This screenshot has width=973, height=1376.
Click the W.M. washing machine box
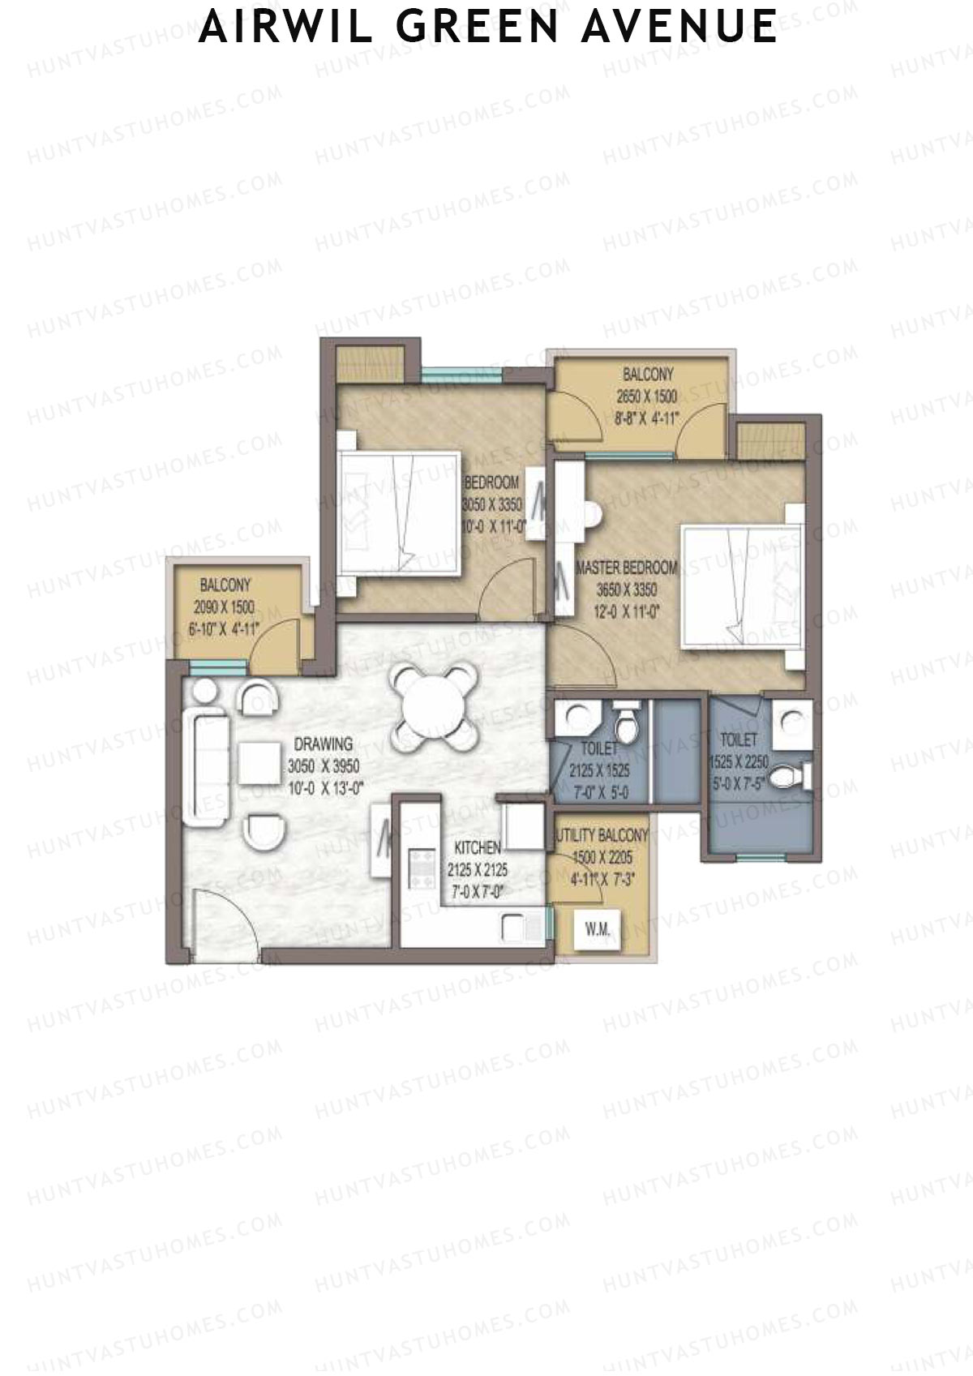597,929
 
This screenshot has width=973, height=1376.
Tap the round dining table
429,706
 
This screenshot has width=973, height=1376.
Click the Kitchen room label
477,848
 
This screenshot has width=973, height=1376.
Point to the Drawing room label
323,743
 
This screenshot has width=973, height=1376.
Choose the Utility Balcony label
601,835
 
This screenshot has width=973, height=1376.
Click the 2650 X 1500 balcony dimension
645,397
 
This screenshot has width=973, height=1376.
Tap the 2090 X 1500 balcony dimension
224,607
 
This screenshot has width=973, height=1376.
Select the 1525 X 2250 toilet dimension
739,763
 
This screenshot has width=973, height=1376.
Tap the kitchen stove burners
421,868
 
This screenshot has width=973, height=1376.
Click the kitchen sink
517,927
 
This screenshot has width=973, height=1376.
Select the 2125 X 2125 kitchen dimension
477,870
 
